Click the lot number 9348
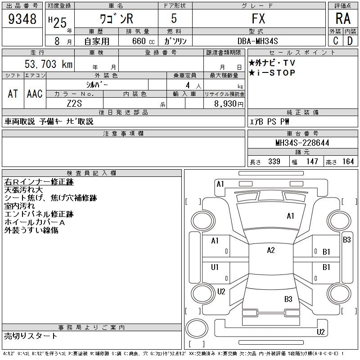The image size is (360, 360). tap(22, 18)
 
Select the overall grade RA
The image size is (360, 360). tap(343, 18)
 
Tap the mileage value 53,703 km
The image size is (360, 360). tap(49, 64)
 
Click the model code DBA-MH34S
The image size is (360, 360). tap(257, 41)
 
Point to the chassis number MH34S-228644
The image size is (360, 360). tap(302, 143)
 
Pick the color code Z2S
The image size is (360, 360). tap(74, 103)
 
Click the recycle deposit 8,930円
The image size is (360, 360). tap(229, 104)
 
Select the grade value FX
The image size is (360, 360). tap(258, 18)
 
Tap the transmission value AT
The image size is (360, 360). tap(13, 94)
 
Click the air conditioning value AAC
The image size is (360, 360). tap(35, 94)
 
